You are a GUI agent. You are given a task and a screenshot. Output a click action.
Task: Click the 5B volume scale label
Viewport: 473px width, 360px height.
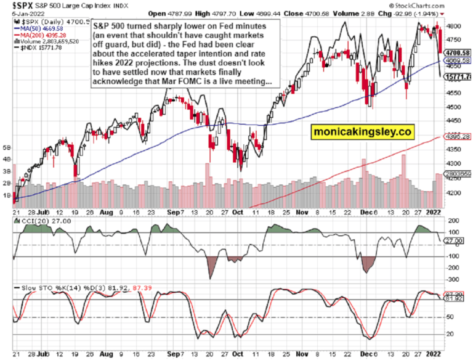point(7,149)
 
